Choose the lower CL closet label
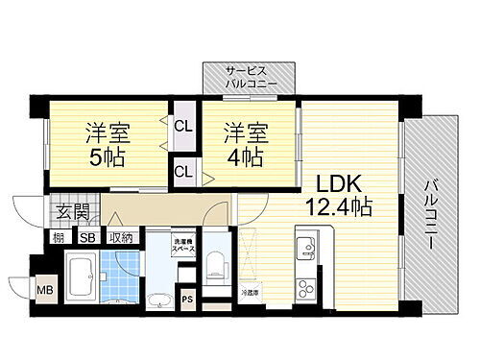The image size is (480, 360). pos(181,172)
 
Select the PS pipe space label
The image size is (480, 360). pos(187,298)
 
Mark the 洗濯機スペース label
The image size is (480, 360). pos(185,244)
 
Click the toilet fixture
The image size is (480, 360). pos(217,260)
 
